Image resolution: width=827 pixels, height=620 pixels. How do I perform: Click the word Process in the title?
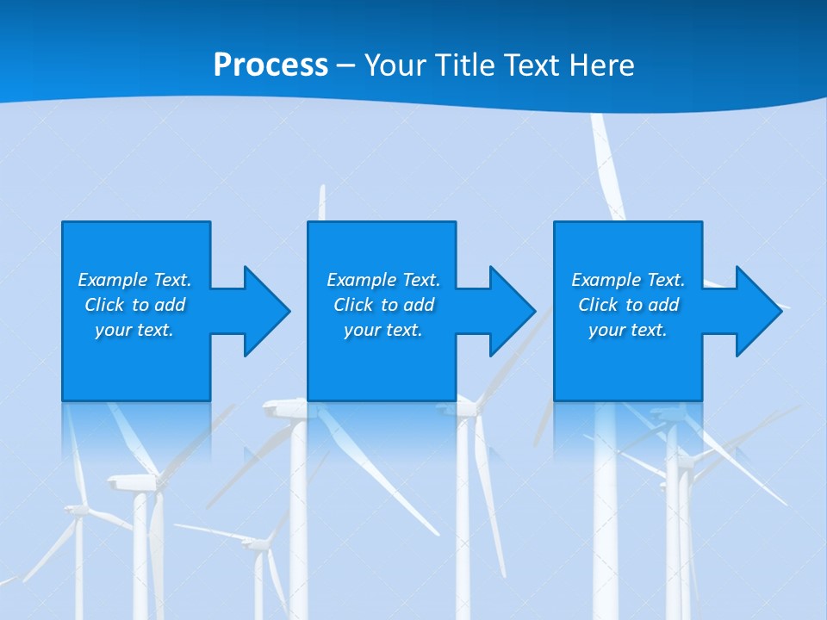click(x=270, y=65)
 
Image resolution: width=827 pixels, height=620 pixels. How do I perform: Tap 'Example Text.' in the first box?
click(x=134, y=280)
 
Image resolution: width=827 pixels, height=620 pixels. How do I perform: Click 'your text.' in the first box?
click(x=134, y=330)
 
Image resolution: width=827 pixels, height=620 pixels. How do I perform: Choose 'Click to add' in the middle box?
click(x=383, y=305)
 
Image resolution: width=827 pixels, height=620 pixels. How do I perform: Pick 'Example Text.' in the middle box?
click(x=383, y=280)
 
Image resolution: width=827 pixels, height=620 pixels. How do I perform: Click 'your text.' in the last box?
click(x=628, y=330)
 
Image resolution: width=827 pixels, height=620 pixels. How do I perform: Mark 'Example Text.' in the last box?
click(x=628, y=280)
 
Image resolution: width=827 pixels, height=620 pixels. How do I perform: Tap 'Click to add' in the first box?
click(x=134, y=305)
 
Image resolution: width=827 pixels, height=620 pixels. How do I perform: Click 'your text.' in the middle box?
click(x=383, y=330)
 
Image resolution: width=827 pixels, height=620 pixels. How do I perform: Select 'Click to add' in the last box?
click(x=628, y=305)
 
